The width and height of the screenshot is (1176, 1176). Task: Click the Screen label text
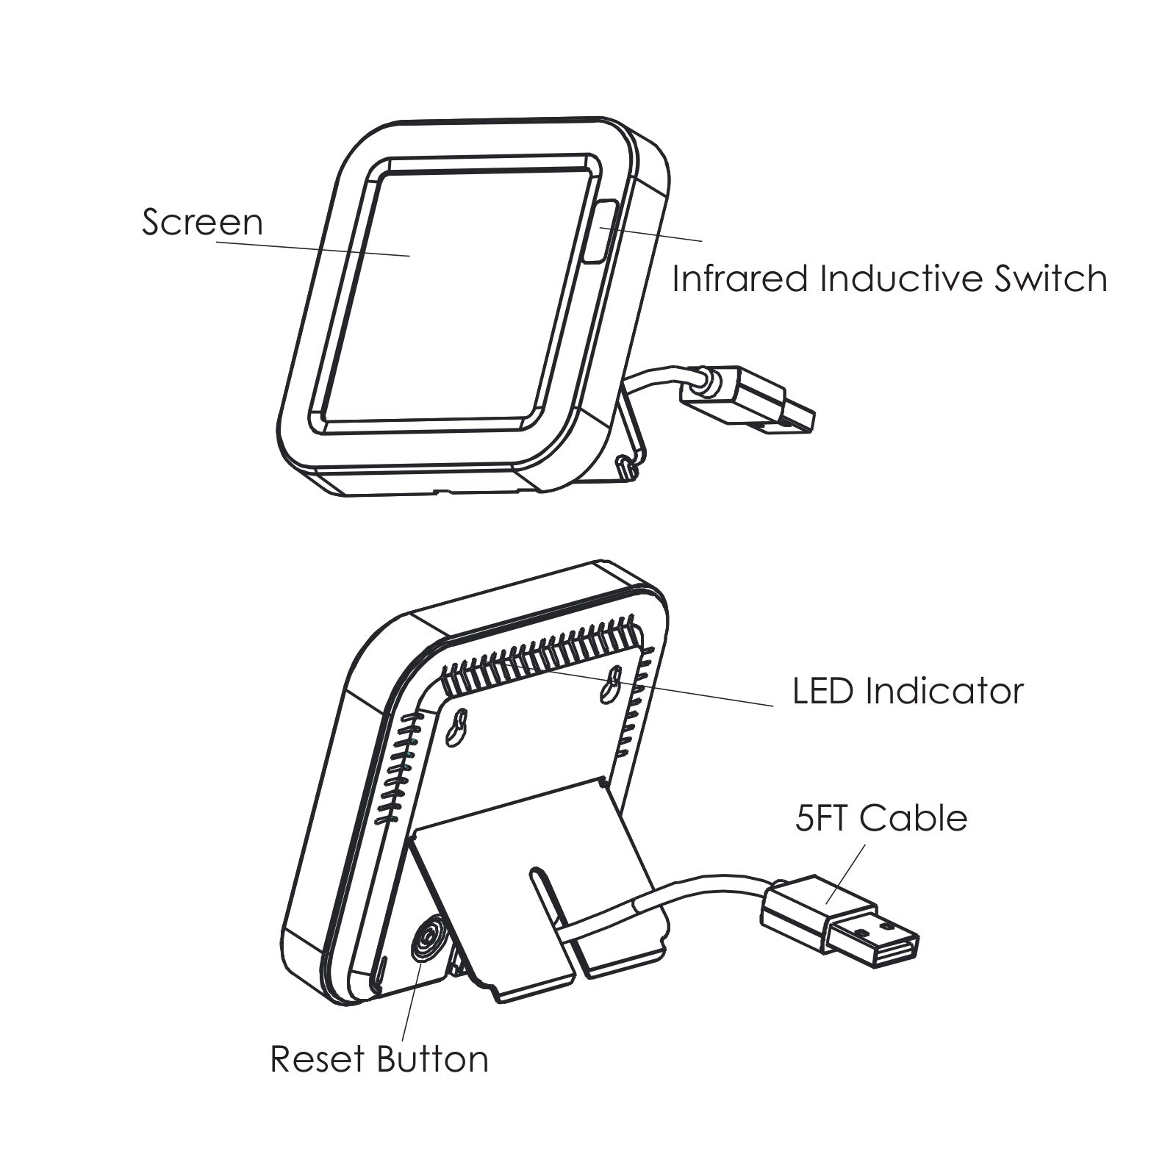pyautogui.click(x=202, y=222)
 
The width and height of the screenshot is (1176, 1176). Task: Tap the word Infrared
pyautogui.click(x=739, y=279)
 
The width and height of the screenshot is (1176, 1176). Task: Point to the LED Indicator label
pyautogui.click(x=907, y=692)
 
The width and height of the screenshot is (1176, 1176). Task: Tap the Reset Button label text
pyautogui.click(x=379, y=1059)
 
